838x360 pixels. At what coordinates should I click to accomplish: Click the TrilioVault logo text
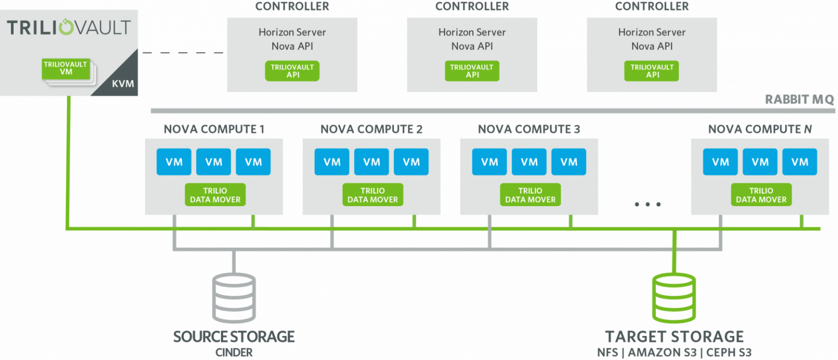pos(68,27)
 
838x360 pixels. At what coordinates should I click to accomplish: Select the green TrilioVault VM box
pos(66,69)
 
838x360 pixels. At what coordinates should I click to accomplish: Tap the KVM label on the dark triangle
pos(123,83)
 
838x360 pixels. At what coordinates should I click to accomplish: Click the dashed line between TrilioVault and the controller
pos(183,53)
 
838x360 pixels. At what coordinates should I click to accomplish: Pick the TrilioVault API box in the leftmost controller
pos(292,71)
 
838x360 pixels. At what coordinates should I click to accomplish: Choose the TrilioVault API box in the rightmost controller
pos(651,71)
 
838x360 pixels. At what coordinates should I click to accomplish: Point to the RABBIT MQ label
pos(799,99)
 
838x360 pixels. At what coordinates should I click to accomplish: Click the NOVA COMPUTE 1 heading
pos(214,129)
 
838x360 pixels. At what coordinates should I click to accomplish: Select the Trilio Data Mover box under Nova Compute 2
pos(373,195)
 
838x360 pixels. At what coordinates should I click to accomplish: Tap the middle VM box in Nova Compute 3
pos(529,161)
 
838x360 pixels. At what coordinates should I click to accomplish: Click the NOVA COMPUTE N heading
pos(760,129)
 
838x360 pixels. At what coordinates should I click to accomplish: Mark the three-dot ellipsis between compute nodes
pos(648,205)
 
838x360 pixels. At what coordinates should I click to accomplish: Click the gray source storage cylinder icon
pos(234,297)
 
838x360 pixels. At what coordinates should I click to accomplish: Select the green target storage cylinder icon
pos(674,297)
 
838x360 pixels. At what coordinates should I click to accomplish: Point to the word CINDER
pos(234,352)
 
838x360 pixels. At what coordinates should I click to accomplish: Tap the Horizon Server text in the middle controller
pos(472,32)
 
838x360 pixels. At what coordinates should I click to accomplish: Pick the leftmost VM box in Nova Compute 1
pos(174,161)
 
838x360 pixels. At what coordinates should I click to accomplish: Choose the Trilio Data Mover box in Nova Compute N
pos(761,195)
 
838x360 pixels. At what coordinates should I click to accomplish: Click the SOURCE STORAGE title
pos(234,337)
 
